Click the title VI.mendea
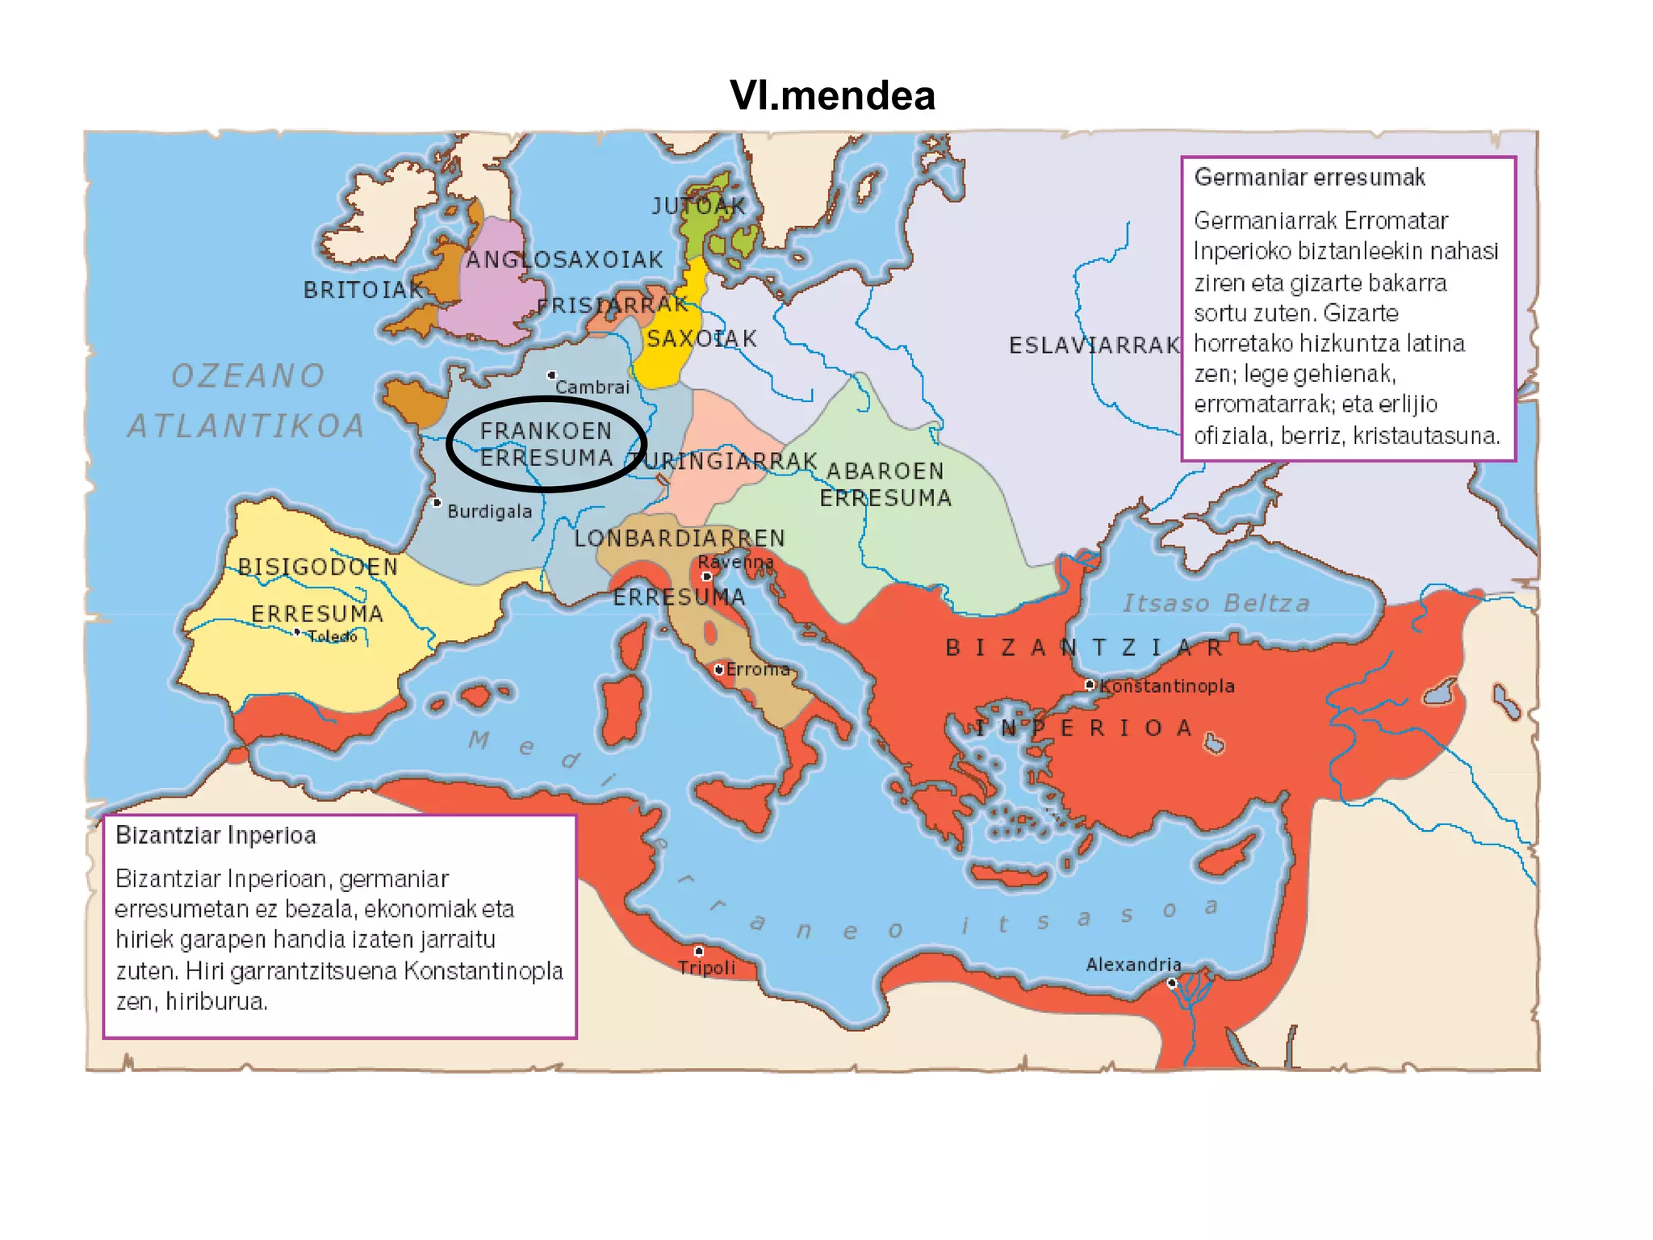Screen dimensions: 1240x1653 [x=832, y=95]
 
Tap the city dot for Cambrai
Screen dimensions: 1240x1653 [x=551, y=375]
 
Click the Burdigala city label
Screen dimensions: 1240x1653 [x=489, y=511]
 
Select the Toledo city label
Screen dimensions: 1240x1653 [x=333, y=636]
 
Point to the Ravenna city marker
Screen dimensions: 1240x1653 [x=706, y=576]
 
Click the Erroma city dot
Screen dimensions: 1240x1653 [x=718, y=669]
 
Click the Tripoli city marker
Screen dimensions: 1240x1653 [x=699, y=951]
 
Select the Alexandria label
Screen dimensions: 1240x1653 [x=1133, y=964]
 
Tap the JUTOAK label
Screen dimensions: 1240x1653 [x=699, y=207]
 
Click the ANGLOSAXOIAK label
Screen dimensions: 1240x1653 [x=564, y=259]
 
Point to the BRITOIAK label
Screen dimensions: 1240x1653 [x=363, y=290]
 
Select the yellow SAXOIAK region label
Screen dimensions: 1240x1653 [x=701, y=338]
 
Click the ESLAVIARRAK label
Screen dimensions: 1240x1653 [x=1094, y=346]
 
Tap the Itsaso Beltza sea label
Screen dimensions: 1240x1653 [x=1216, y=603]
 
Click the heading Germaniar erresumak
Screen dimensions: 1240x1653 [x=1309, y=178]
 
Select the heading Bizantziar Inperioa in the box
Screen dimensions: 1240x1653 [x=216, y=835]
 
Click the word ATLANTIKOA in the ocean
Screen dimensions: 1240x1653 [x=246, y=426]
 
